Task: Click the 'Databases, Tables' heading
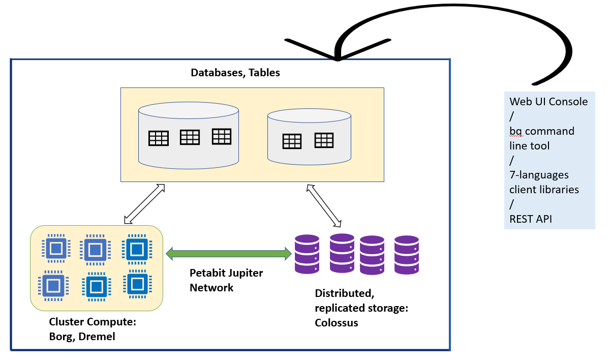[235, 73]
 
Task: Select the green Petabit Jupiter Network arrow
[229, 253]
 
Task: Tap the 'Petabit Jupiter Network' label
[226, 280]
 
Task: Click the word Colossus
[337, 322]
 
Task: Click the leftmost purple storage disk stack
[307, 254]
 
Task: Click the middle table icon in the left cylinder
[190, 137]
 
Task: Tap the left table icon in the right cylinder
[292, 141]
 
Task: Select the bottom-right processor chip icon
[136, 283]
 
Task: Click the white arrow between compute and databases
[145, 204]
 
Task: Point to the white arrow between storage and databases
[323, 205]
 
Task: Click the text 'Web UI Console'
[548, 101]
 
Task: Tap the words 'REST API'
[531, 219]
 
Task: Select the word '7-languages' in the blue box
[539, 175]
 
